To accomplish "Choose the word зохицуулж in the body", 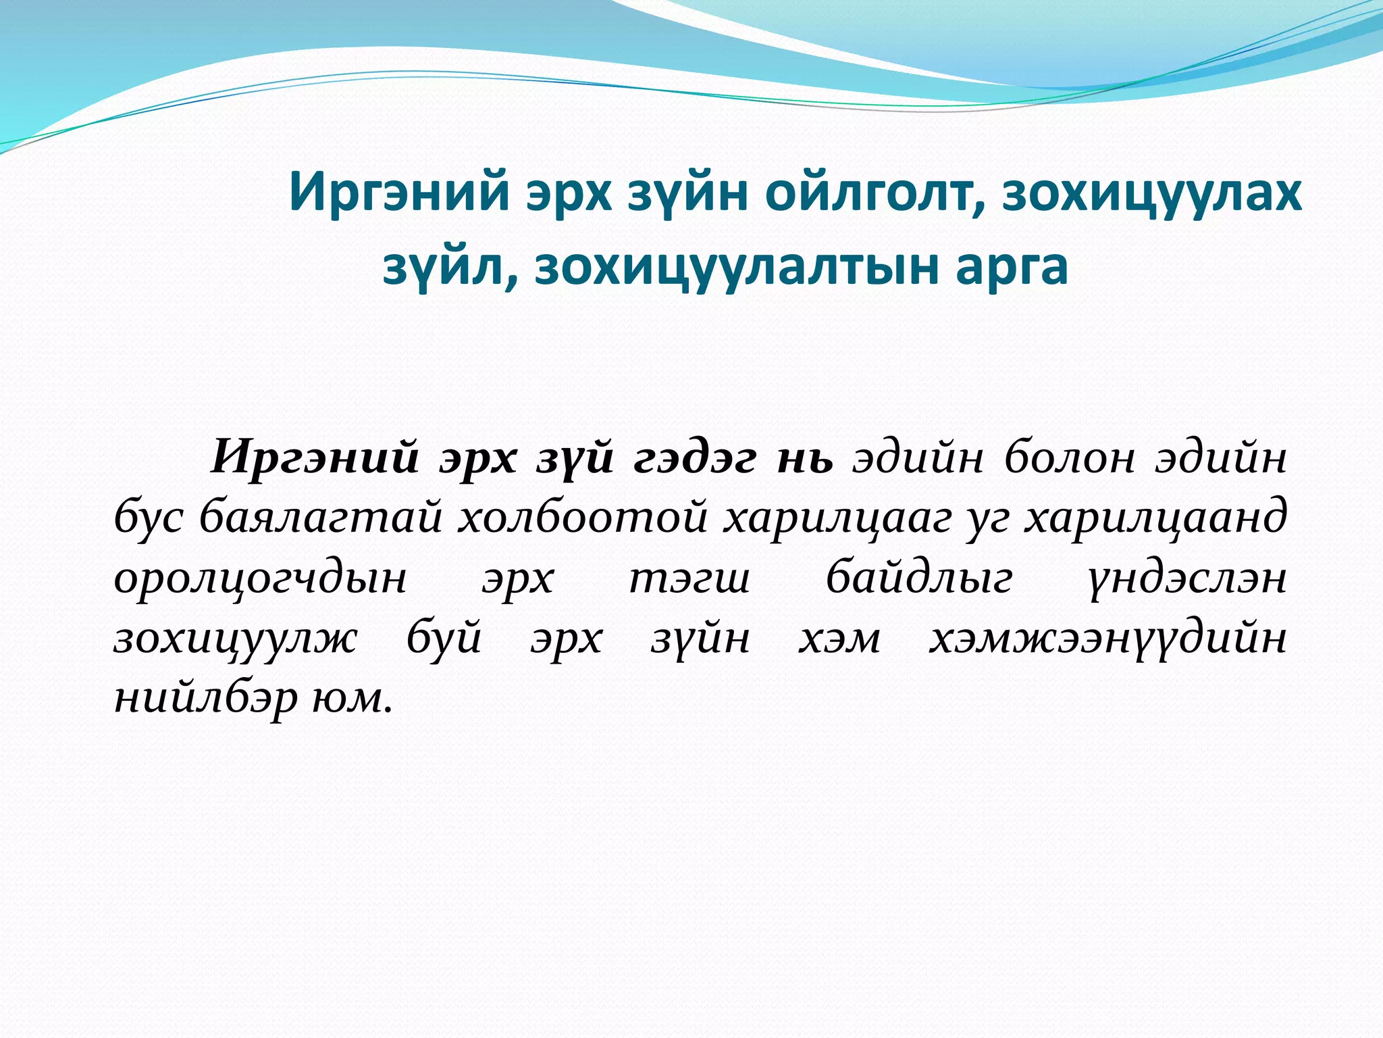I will (236, 639).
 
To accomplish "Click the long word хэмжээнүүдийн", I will (1107, 639).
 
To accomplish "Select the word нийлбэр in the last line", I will (205, 699).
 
